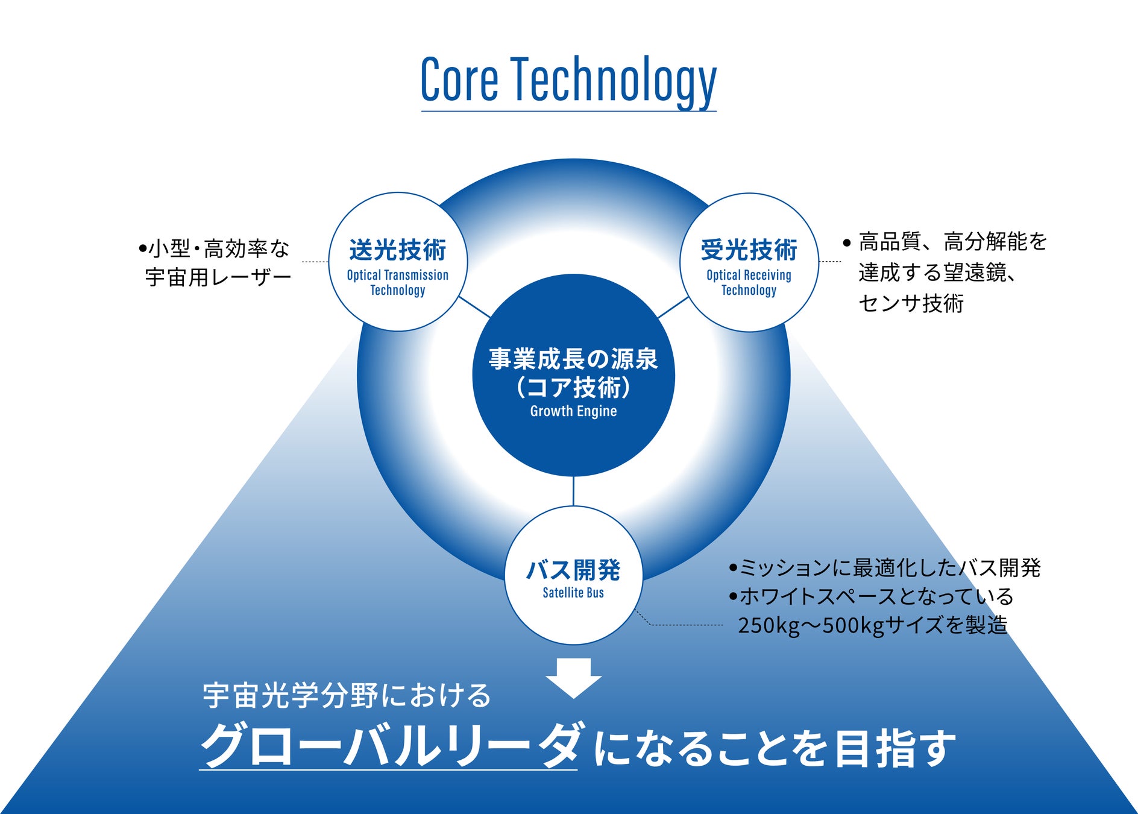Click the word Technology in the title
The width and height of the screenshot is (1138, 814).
click(614, 80)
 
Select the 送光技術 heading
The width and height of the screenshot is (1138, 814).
click(398, 250)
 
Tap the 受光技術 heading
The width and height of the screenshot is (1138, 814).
click(749, 250)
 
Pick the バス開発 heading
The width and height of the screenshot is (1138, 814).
click(573, 570)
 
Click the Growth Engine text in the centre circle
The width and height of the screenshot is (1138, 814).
click(573, 411)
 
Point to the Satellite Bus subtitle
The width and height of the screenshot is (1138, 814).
click(573, 593)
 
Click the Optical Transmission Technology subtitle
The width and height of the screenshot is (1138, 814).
click(398, 282)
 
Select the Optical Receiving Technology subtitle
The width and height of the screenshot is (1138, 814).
click(749, 282)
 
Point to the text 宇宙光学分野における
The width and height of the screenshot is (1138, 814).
click(347, 695)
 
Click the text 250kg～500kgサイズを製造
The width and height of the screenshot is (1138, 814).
click(872, 625)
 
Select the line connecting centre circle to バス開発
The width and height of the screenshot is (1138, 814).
click(573, 491)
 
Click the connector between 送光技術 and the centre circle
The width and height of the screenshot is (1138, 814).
click(475, 306)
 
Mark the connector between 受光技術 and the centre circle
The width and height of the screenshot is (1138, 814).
click(673, 307)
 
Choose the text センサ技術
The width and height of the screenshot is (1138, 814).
click(911, 303)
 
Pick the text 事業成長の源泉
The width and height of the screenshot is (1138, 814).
click(573, 359)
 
